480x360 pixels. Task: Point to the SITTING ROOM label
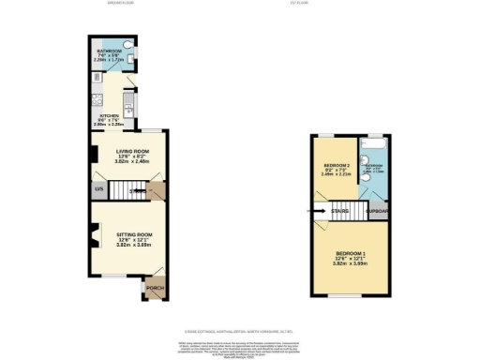pos(121,234)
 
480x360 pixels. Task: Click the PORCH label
pos(154,287)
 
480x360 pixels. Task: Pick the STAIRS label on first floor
pos(340,211)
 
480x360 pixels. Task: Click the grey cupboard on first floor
pos(377,212)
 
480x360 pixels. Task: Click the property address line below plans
pos(240,330)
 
